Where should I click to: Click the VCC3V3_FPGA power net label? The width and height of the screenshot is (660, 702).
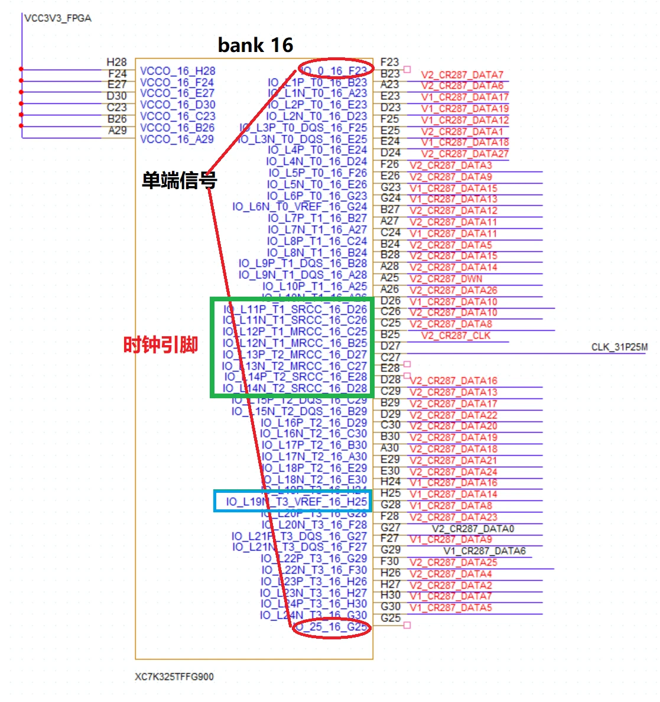pos(58,18)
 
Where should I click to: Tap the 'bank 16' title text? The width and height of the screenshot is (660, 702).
pos(255,45)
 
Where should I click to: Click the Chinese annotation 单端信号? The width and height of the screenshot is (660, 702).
pos(178,180)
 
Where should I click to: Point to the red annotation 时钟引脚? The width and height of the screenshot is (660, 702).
pos(160,344)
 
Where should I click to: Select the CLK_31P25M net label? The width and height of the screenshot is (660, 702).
pos(619,347)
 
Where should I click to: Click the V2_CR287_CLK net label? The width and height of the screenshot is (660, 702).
pos(456,336)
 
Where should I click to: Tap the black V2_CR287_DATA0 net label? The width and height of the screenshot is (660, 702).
pos(473,528)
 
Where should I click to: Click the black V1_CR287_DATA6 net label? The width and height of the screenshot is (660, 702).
pos(485,551)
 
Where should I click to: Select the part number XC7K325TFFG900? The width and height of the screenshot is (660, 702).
pos(174,677)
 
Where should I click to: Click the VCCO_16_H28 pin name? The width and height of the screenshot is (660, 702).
pos(177,71)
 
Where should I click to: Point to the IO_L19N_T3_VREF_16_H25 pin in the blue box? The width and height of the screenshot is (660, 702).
pos(297,502)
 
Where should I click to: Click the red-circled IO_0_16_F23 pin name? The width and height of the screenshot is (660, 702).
pos(335,71)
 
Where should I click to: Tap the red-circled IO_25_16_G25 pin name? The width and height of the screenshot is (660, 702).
pos(331,627)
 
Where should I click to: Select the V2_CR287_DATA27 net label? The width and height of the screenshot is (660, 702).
pos(464,154)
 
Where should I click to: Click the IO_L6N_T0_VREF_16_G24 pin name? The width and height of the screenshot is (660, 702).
pos(300,207)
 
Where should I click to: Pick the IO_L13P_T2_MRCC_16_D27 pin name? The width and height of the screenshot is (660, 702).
pos(295,355)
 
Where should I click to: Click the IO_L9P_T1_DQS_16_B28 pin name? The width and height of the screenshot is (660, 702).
pos(303,264)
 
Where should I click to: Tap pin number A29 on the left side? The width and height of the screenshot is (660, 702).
pos(118,131)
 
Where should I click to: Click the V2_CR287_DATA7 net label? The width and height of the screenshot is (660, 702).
pos(462,75)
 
